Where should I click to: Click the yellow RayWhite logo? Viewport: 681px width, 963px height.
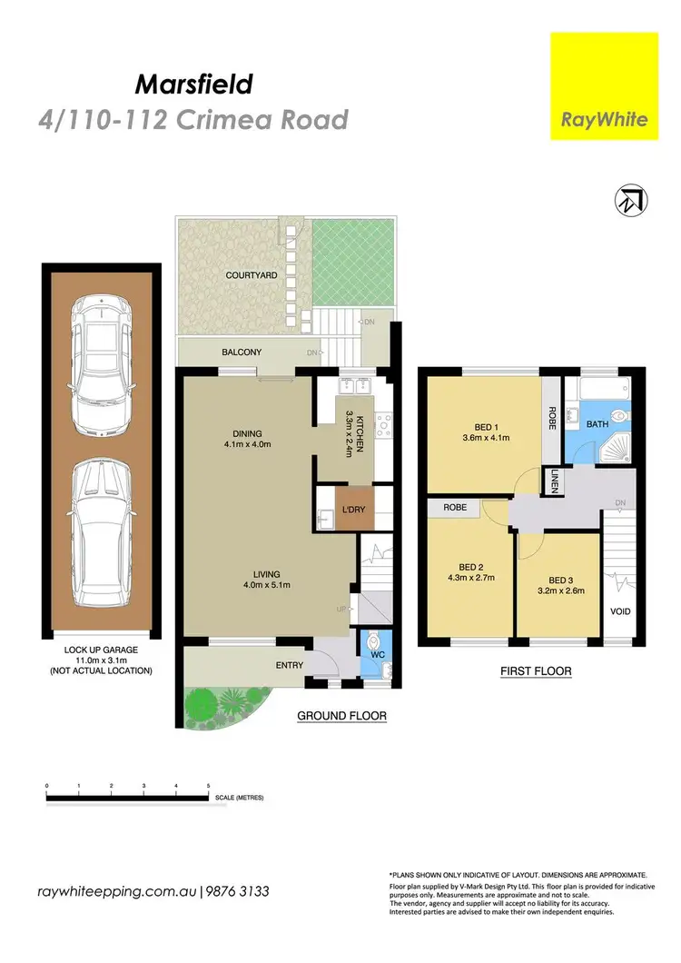pos(605,86)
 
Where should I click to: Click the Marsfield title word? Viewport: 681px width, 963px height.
pos(192,85)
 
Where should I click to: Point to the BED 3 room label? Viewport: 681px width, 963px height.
pos(558,579)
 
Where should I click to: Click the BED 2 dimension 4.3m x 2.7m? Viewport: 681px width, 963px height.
pos(466,588)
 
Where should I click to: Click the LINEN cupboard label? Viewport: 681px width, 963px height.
pos(554,481)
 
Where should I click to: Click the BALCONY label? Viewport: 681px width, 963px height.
pos(242,352)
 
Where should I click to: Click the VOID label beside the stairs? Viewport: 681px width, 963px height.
pos(619,611)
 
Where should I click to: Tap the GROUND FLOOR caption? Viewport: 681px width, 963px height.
pos(342,716)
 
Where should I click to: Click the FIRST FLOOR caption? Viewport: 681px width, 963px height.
pos(535,671)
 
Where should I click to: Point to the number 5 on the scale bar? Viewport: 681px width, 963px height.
pos(209,784)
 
